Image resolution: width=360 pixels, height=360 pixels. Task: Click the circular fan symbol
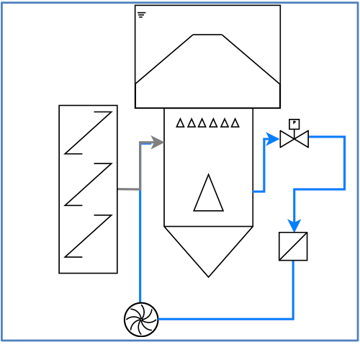click(141, 320)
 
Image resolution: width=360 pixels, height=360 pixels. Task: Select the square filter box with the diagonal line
click(293, 246)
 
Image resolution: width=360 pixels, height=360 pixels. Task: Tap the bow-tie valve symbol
click(294, 139)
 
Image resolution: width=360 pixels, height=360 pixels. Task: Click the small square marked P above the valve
click(294, 124)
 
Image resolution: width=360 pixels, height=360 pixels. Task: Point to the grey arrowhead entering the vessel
click(157, 143)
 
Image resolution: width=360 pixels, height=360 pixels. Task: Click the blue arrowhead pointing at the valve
click(272, 139)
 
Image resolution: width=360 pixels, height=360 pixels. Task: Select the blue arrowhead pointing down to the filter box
click(294, 225)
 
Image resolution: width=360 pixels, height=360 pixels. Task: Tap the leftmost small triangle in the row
click(180, 122)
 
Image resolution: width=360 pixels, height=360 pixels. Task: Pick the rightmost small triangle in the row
click(235, 122)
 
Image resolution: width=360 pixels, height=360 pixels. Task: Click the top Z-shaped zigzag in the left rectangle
click(88, 132)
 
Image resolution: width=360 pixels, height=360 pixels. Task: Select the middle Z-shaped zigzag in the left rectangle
click(88, 184)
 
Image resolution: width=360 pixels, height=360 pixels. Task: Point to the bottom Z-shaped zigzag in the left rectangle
click(88, 236)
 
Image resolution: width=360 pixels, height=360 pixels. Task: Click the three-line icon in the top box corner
click(142, 15)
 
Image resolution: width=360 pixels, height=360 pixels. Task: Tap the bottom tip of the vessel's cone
click(208, 277)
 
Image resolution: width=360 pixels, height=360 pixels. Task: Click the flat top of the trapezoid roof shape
click(207, 35)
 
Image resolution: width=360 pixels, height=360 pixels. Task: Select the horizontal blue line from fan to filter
click(226, 319)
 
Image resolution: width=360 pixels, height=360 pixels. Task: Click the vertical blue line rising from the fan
click(140, 246)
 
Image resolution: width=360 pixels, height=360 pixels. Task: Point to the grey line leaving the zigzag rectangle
click(129, 189)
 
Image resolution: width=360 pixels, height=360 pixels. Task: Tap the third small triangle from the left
click(202, 122)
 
